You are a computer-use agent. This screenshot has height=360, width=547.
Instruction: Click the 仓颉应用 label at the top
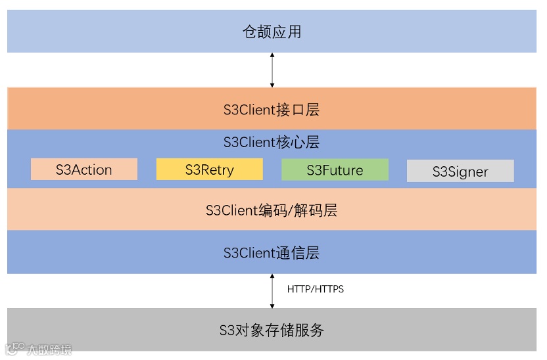click(272, 32)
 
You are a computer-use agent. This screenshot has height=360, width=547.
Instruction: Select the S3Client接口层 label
click(272, 109)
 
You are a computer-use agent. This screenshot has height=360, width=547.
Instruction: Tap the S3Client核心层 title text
click(272, 143)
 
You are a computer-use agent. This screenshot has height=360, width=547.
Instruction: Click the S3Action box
click(84, 169)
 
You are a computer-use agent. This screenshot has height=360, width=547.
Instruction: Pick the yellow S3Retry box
click(210, 169)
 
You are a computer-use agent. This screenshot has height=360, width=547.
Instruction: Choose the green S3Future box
click(335, 170)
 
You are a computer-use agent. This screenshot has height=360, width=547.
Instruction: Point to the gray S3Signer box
click(460, 171)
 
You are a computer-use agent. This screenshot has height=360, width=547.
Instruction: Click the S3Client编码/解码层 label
click(272, 210)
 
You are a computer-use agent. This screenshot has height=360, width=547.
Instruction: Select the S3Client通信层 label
click(272, 253)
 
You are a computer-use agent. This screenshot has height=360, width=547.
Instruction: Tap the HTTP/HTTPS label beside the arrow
click(316, 289)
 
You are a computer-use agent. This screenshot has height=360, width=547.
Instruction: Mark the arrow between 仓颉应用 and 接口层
click(272, 70)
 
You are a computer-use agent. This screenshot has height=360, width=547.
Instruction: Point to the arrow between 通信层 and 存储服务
click(272, 291)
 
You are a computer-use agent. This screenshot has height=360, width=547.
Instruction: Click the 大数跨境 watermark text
click(49, 349)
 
